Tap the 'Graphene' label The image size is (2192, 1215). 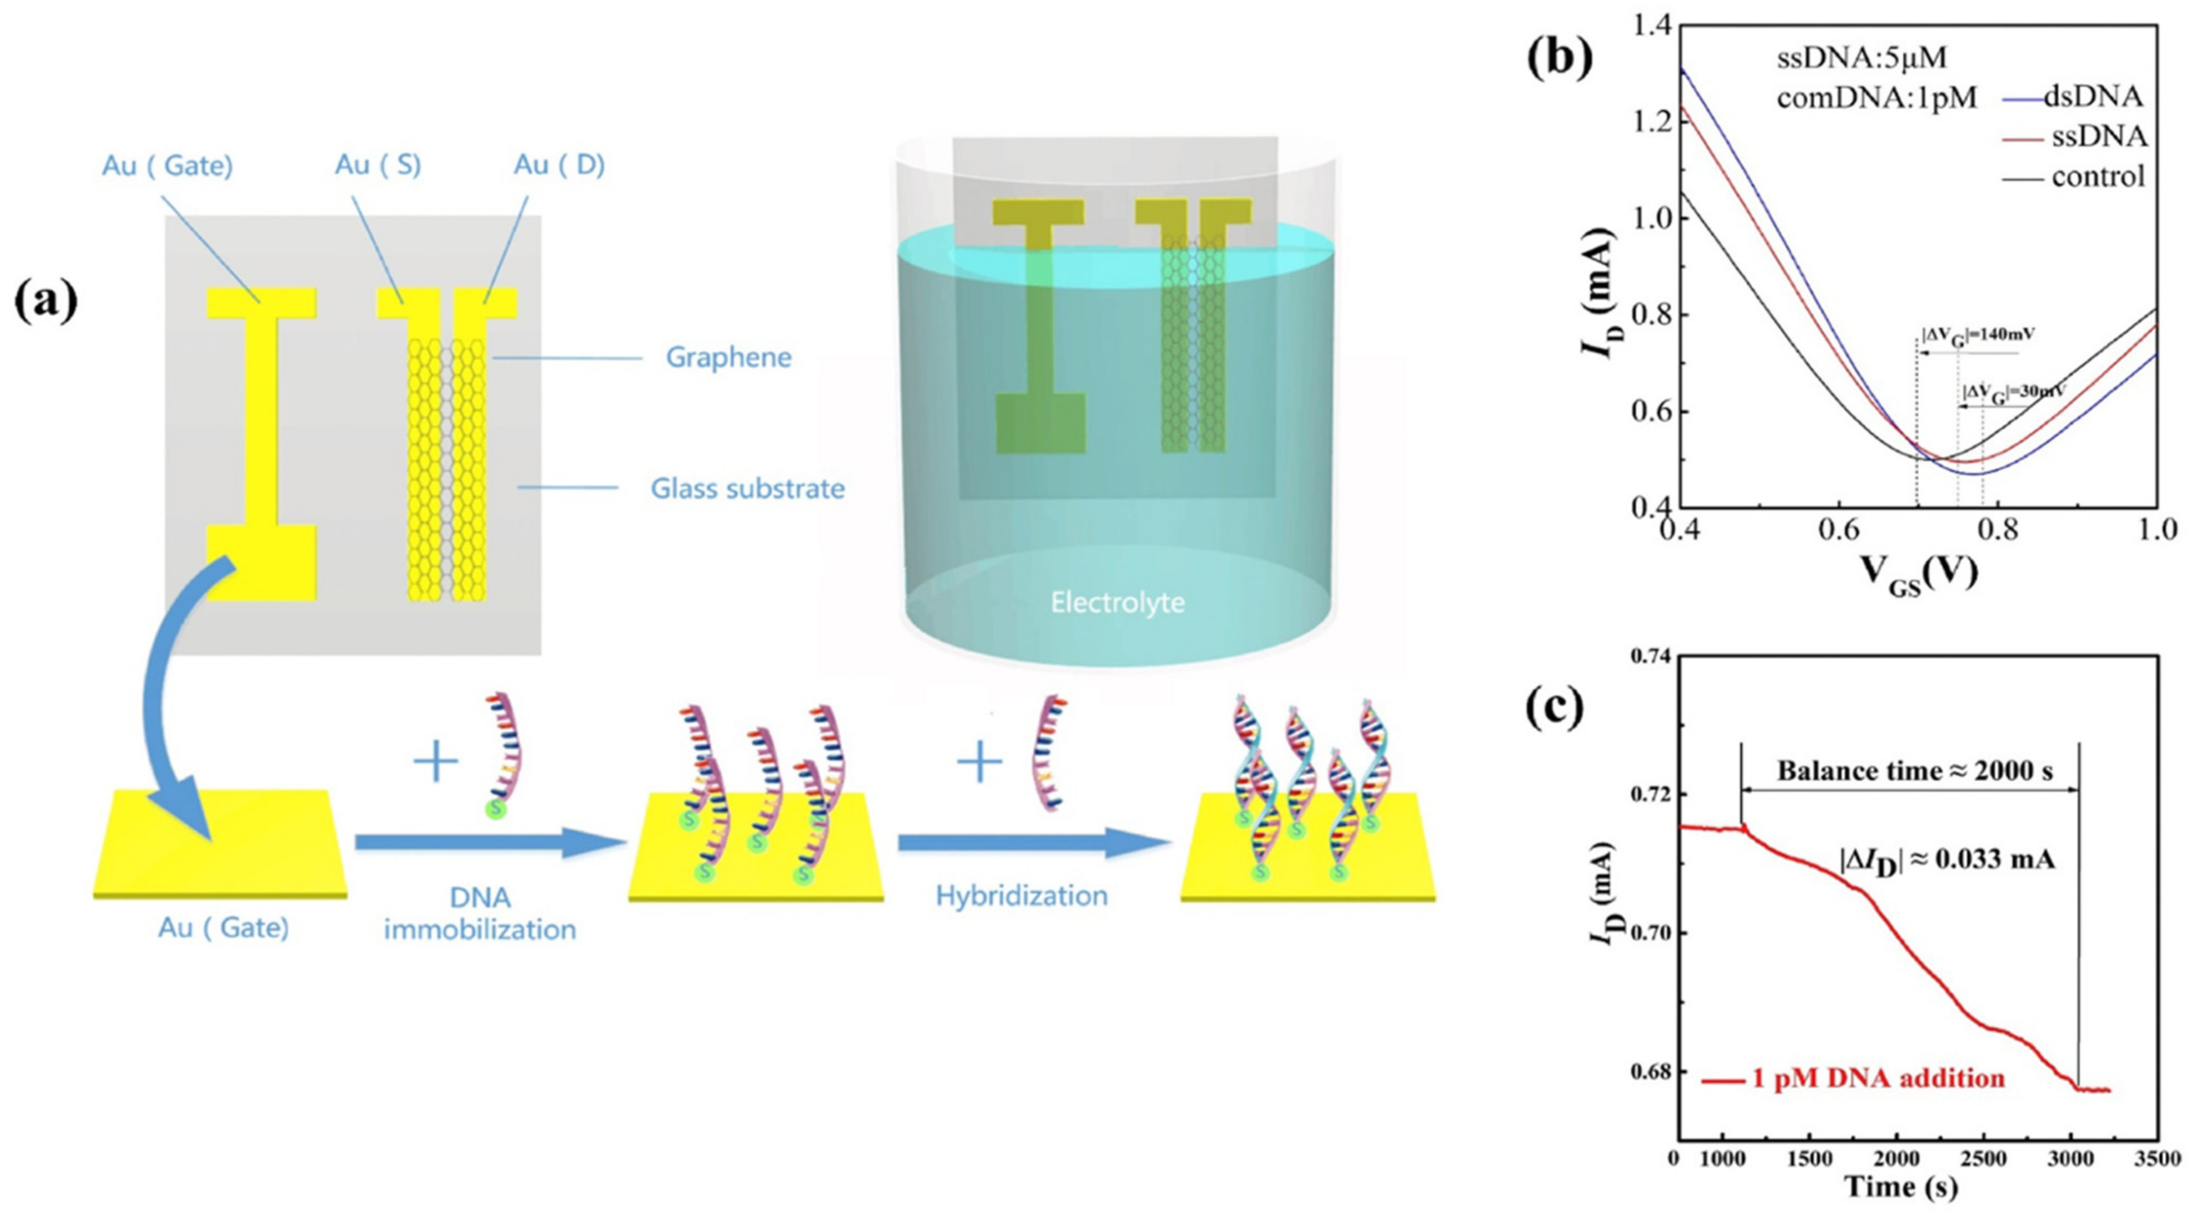coord(728,358)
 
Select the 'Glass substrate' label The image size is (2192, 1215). coord(747,488)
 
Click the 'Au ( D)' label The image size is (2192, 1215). coord(559,164)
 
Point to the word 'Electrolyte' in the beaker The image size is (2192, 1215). coord(1117,603)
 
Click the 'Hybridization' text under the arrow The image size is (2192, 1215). coord(1021,896)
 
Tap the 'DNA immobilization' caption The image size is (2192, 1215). coord(480,913)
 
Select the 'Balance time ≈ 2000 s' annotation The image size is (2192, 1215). coord(1914,771)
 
